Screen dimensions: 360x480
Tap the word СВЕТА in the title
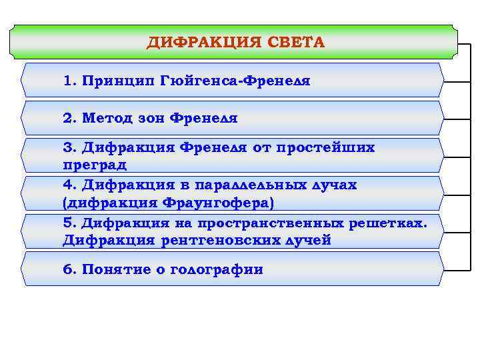tap(297, 43)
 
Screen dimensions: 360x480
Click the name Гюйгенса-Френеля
tap(235, 81)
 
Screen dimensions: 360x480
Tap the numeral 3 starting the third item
tap(67, 147)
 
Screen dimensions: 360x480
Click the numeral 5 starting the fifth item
tap(67, 223)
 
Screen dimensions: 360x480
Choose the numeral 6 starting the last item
tap(67, 270)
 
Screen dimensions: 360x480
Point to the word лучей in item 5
tap(309, 240)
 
